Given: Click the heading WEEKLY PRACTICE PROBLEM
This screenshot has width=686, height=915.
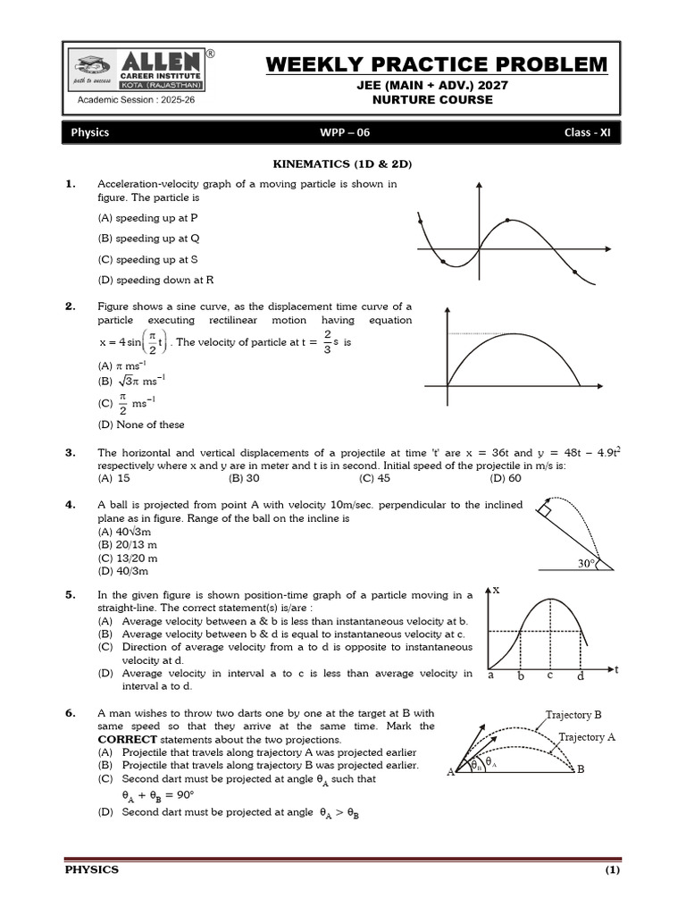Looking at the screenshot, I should pyautogui.click(x=437, y=65).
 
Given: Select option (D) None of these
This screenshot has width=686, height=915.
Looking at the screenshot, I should pyautogui.click(x=141, y=424).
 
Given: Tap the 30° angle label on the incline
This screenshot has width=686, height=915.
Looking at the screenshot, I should pyautogui.click(x=586, y=564).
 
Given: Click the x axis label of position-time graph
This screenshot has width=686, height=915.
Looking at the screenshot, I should pyautogui.click(x=496, y=591).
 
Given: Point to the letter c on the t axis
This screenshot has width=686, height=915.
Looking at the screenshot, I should pyautogui.click(x=550, y=676).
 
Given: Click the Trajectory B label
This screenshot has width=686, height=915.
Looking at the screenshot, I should pyautogui.click(x=573, y=715).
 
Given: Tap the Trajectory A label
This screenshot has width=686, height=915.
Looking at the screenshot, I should pyautogui.click(x=587, y=737).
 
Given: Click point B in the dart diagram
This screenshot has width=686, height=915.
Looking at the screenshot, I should pyautogui.click(x=581, y=769).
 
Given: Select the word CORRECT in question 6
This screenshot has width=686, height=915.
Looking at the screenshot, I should pyautogui.click(x=127, y=740).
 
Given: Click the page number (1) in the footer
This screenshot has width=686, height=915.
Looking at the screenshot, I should pyautogui.click(x=612, y=869).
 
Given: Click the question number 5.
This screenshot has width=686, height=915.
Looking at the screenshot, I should pyautogui.click(x=70, y=594).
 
